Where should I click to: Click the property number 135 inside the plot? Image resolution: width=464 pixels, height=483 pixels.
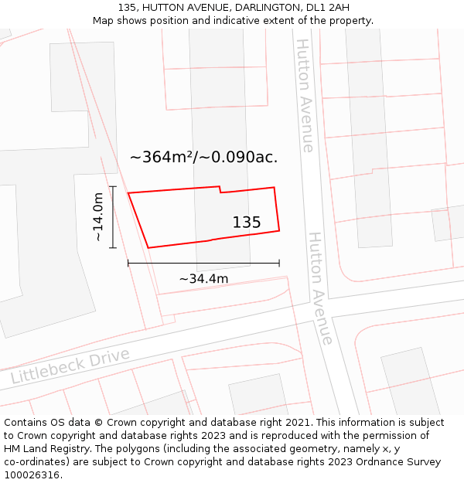247,223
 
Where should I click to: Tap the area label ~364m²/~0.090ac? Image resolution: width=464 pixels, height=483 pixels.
203,157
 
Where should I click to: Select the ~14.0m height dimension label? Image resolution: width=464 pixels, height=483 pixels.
98,217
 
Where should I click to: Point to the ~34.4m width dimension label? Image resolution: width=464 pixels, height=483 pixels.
203,278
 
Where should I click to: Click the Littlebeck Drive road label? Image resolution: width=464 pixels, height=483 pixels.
70,366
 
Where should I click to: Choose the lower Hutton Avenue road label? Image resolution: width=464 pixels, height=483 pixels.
321,287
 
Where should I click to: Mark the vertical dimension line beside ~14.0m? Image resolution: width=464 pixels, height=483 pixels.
113,217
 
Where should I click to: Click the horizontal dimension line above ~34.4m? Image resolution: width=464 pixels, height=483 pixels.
203,264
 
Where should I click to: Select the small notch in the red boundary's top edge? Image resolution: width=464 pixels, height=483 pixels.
220,189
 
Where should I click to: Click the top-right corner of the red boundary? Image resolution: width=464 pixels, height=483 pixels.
275,187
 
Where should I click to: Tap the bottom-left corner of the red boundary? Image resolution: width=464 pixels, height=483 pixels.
148,247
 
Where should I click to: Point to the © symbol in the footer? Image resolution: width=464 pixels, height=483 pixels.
99,423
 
